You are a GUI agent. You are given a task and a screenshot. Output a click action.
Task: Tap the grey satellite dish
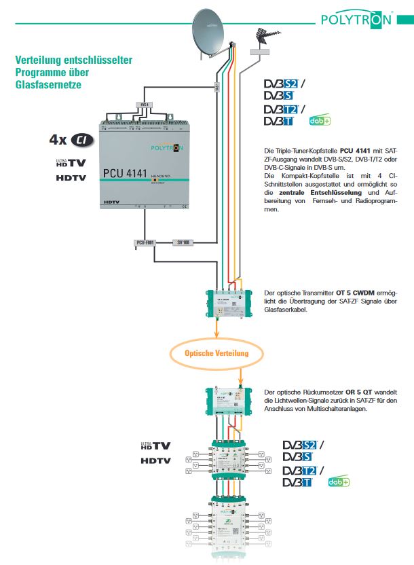tap(211, 33)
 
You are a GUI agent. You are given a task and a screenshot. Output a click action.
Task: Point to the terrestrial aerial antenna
tap(263, 37)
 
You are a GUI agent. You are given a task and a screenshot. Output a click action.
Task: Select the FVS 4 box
tap(143, 104)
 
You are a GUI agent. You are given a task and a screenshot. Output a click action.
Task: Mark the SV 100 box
tap(183, 242)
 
